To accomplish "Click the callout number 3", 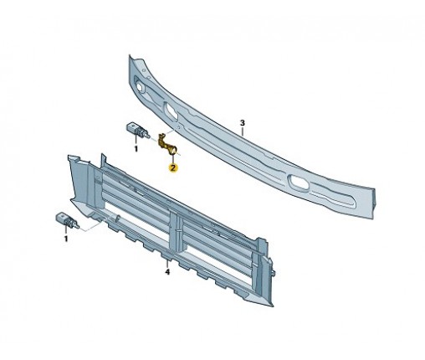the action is [243, 123].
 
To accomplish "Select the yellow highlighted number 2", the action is [173, 167].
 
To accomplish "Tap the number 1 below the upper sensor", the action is [136, 149].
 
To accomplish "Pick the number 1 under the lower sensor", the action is [66, 239].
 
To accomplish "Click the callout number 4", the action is [167, 271].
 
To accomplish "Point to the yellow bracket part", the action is [166, 144].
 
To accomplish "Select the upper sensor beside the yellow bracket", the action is [136, 130].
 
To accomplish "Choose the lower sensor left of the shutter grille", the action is [67, 220].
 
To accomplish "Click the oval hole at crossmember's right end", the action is [299, 183].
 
